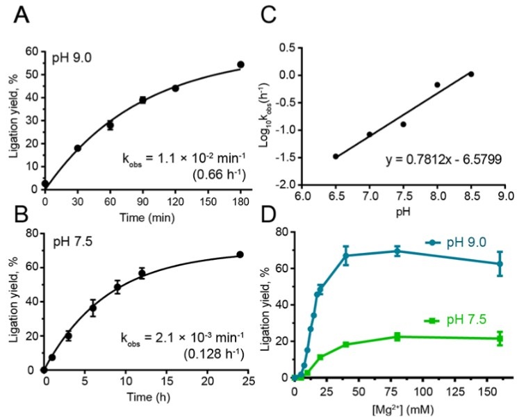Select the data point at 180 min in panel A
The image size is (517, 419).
click(x=241, y=65)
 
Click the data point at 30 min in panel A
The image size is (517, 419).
click(x=78, y=148)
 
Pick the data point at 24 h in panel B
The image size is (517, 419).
click(x=240, y=254)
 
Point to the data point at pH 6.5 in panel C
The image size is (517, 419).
click(x=336, y=156)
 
